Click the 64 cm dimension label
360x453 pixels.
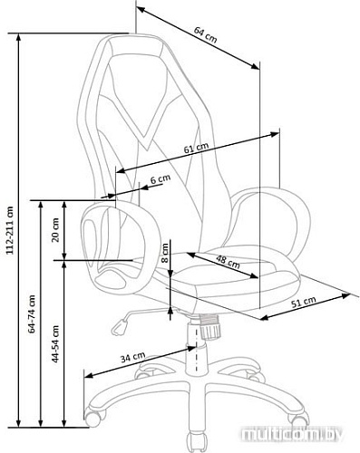point(206,34)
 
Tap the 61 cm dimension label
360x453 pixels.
point(197,148)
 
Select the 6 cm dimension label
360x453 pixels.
point(161,179)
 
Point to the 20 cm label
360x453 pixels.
point(55,230)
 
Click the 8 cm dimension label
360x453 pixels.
point(165,254)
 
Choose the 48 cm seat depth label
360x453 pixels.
point(228,262)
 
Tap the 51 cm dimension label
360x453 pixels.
point(304,302)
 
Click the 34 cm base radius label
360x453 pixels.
point(132,357)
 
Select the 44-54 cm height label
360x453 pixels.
point(55,344)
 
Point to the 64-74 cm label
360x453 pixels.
point(32,314)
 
